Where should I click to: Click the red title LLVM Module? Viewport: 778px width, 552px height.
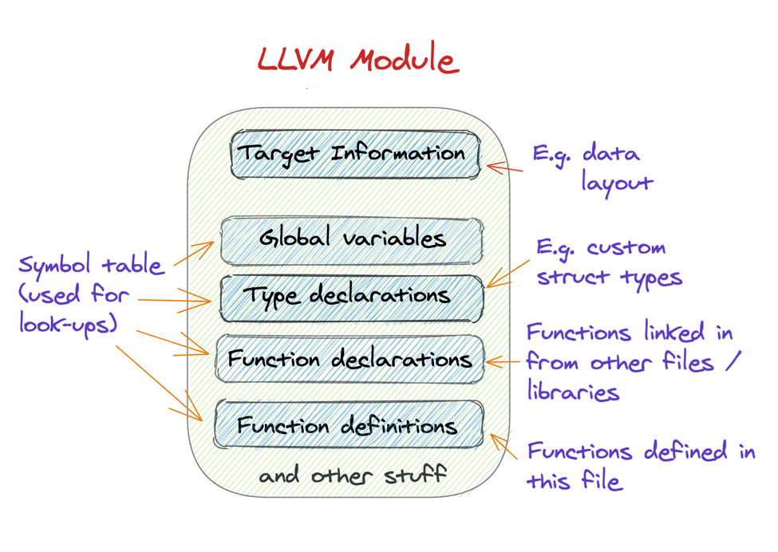click(357, 61)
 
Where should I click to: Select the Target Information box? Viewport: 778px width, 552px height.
click(355, 154)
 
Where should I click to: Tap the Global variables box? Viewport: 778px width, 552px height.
click(352, 239)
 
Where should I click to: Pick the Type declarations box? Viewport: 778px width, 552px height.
click(351, 297)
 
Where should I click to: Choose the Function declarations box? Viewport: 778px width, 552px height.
click(350, 359)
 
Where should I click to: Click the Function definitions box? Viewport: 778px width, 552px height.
click(349, 424)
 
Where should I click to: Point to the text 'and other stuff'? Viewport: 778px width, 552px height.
click(352, 476)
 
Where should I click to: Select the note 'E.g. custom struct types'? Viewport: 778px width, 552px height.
click(610, 262)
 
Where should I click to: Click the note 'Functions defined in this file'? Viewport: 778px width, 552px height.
click(641, 466)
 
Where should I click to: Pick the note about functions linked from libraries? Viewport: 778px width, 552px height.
click(630, 361)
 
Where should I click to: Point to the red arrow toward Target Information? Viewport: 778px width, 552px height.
click(504, 168)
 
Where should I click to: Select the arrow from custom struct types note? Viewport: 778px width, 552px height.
click(508, 271)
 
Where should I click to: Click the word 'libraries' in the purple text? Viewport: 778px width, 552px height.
click(573, 392)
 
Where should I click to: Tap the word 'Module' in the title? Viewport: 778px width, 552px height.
click(404, 61)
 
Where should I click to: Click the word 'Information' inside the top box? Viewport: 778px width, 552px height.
click(398, 152)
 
